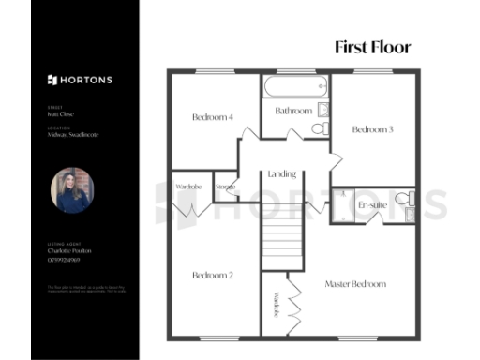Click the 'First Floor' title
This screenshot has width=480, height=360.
point(372,48)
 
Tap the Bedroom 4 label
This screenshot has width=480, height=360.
point(212,117)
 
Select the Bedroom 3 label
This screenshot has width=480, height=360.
point(372,129)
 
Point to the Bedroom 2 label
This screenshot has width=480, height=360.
point(212,276)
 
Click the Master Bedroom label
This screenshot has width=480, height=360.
point(355,283)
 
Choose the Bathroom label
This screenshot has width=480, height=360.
point(293,112)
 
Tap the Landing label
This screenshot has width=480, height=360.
point(281,174)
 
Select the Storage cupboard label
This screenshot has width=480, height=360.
point(225,187)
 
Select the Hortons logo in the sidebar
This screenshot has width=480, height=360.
point(80,80)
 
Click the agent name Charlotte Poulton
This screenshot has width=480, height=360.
point(69,251)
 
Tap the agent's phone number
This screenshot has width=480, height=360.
point(65,260)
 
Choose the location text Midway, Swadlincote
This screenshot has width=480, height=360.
point(73,135)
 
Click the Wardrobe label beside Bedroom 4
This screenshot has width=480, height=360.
point(188,187)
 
